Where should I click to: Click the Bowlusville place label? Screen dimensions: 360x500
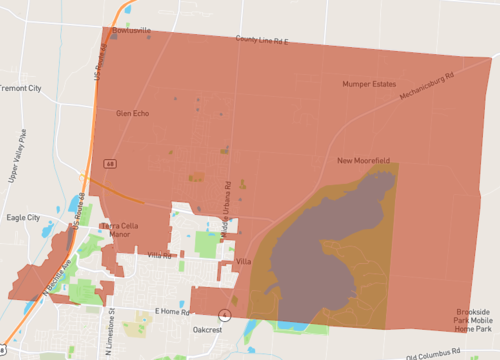(132, 30)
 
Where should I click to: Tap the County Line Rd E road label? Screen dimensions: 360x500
(261, 40)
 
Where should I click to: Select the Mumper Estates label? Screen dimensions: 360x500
(369, 84)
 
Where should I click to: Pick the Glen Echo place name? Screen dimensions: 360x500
(132, 113)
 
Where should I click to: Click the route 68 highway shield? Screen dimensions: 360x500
(111, 162)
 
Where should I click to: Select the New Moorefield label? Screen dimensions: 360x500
(363, 160)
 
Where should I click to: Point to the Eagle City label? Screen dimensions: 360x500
(23, 217)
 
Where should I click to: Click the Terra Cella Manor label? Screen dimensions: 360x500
(125, 230)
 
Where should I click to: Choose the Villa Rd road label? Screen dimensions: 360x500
(160, 256)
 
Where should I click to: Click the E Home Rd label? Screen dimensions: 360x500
(172, 311)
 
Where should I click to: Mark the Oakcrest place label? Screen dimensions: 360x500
(207, 329)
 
